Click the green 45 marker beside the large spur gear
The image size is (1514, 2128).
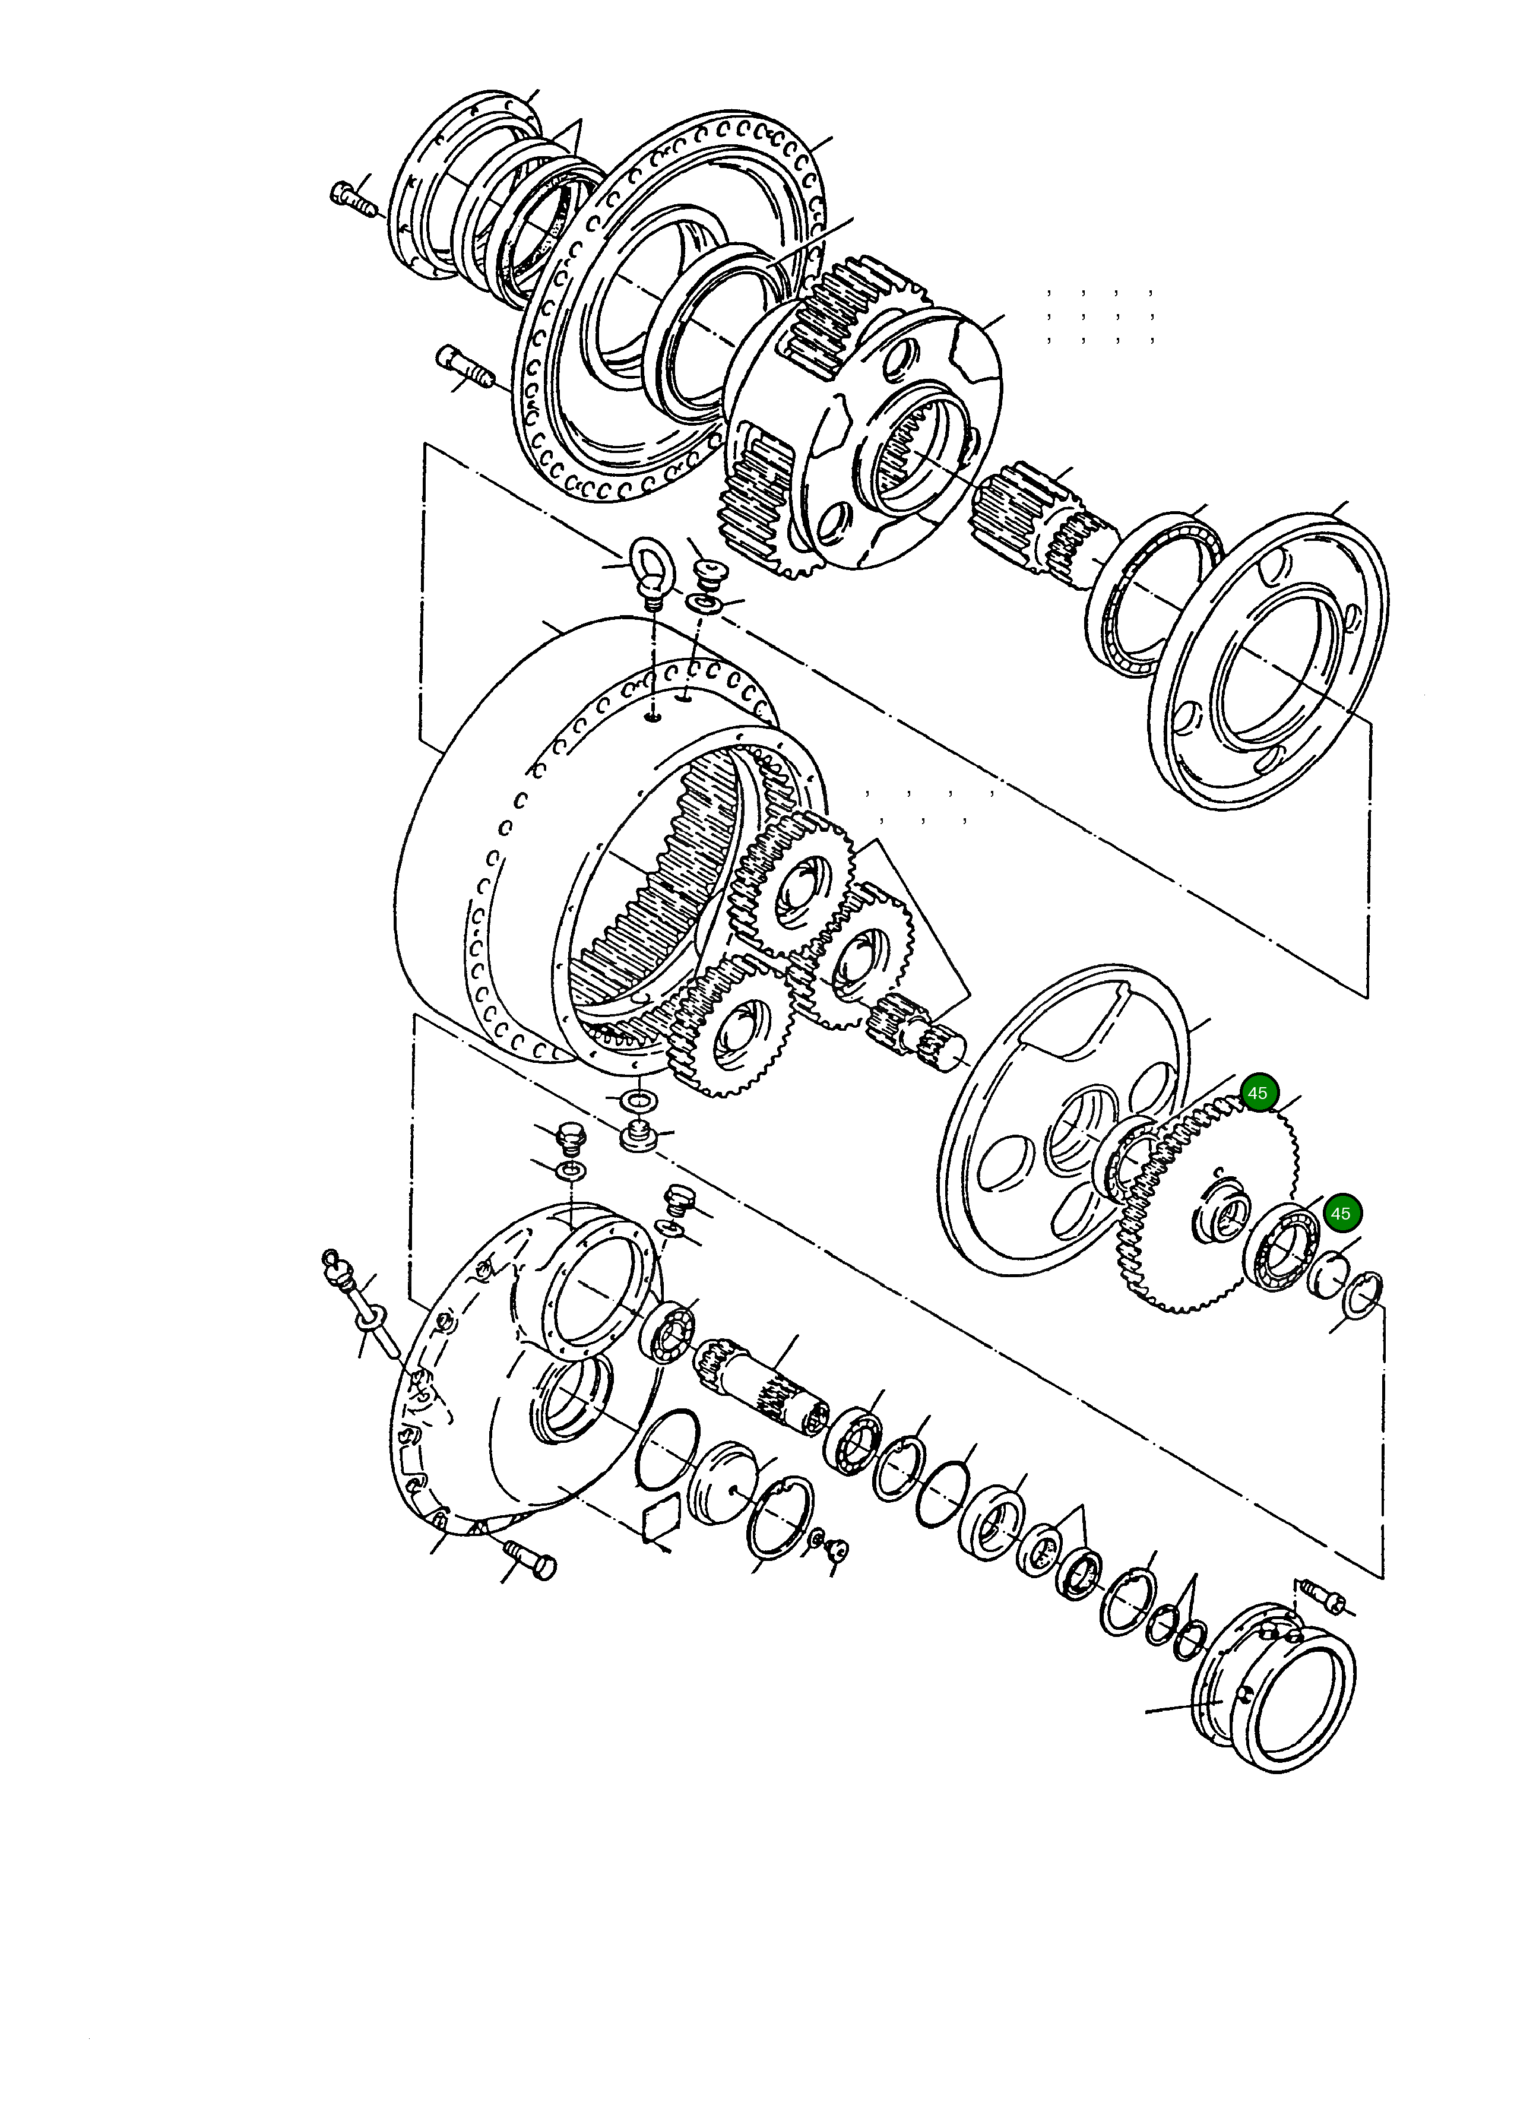[1258, 1092]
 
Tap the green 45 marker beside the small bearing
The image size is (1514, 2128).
[1339, 1214]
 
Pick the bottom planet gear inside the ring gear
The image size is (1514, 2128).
[732, 1035]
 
